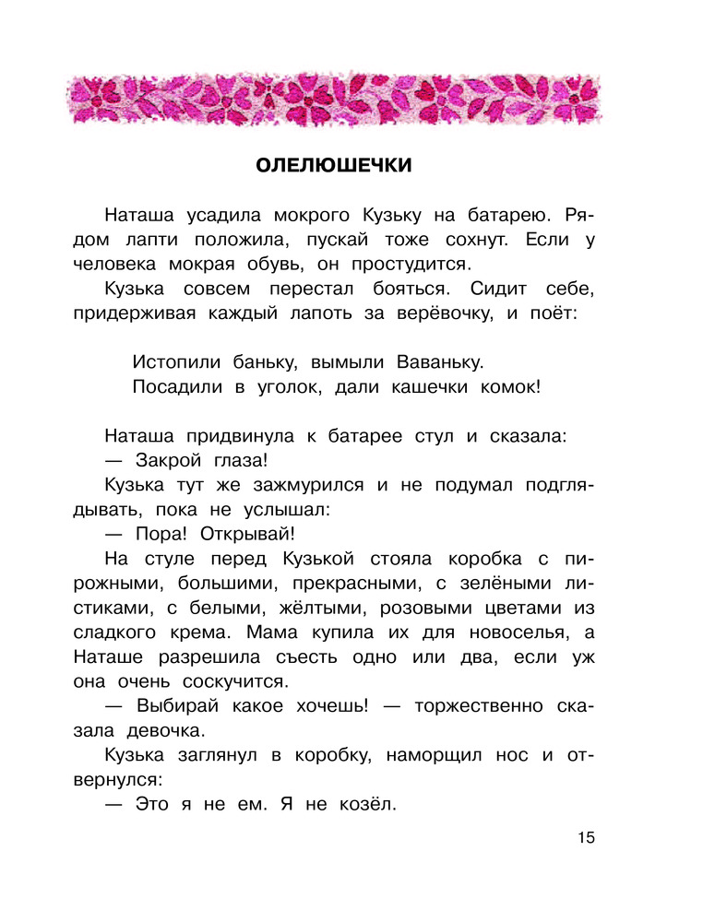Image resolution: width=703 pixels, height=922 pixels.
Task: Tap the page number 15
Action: click(587, 838)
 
